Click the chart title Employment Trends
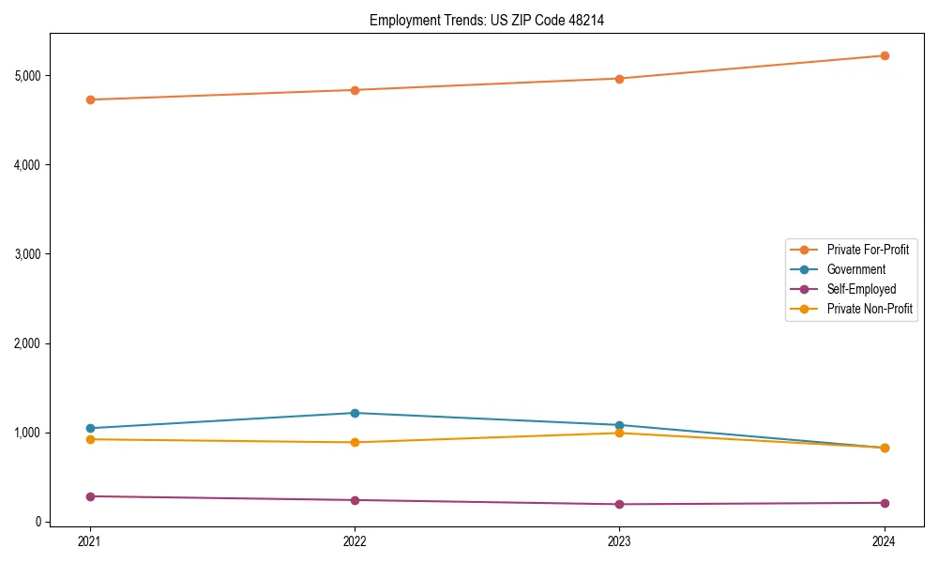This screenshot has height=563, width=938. point(486,20)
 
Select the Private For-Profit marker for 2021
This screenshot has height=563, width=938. point(90,99)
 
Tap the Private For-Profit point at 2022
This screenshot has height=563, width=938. point(355,90)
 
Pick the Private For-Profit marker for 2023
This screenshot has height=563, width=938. point(619,79)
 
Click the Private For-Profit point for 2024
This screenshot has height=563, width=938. point(885,55)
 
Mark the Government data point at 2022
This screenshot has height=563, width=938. point(355,413)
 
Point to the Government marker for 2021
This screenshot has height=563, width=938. point(90,428)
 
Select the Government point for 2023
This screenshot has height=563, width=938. point(619,425)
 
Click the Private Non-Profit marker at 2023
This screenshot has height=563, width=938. point(619,433)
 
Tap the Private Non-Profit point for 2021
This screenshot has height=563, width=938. point(90,439)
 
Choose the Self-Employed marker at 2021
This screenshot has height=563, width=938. point(90,496)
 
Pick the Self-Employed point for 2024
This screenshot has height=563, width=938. point(885,503)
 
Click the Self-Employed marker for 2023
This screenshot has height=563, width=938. point(619,504)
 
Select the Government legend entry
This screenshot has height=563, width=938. point(855,269)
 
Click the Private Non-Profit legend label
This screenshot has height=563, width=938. point(870,309)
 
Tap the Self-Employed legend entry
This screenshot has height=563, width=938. point(861,289)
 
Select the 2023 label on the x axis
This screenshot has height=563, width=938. point(619,540)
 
